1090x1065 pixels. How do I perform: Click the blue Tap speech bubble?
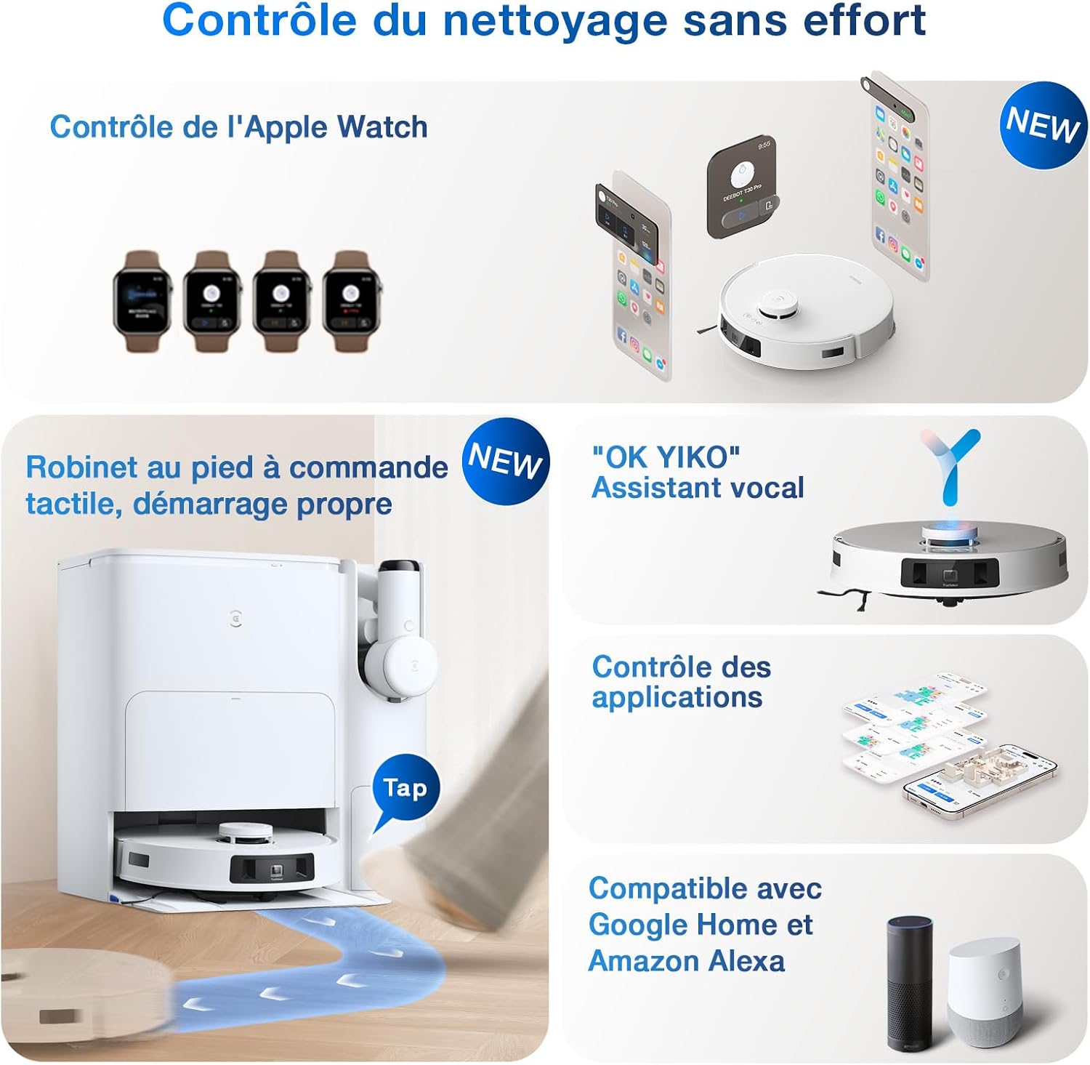coord(405,789)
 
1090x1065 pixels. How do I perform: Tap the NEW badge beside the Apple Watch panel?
coord(1043,125)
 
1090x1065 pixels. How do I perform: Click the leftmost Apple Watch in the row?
coord(142,301)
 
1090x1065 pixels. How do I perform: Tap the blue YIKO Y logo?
coord(951,466)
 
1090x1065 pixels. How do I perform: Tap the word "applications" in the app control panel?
coord(677,697)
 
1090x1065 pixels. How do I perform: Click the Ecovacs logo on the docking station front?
coord(235,618)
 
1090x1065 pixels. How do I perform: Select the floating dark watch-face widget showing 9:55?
coord(741,185)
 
